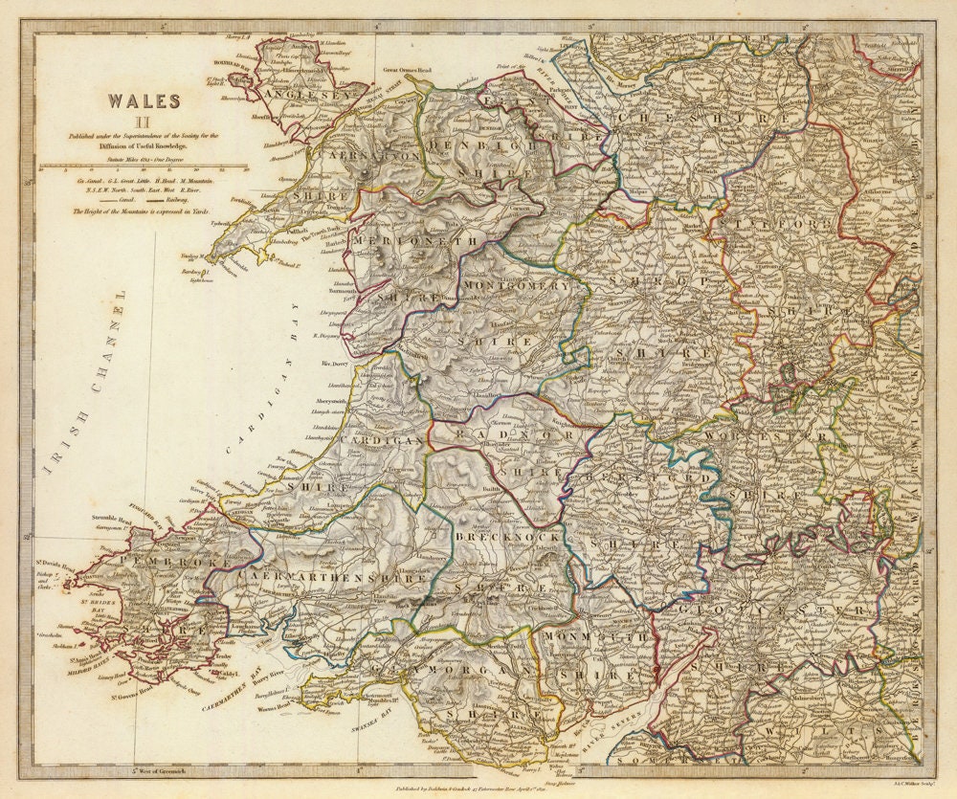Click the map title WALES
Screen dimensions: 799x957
click(143, 100)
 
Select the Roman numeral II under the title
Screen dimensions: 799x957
click(143, 121)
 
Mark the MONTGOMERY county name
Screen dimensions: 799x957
click(516, 285)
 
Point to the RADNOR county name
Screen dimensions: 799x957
click(497, 433)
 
